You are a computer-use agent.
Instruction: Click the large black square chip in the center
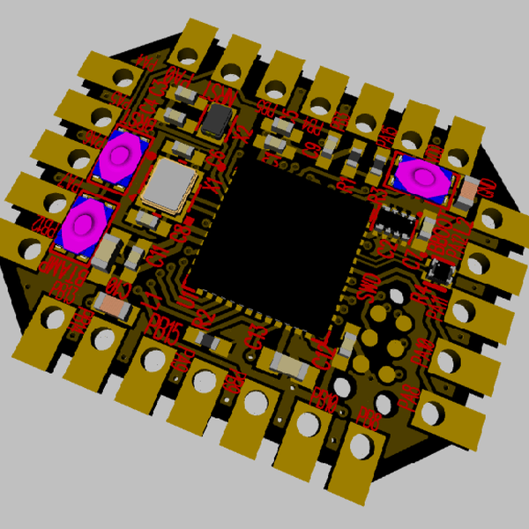point(278,238)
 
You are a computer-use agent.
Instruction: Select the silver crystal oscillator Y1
point(168,186)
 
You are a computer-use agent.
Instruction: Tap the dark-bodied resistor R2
point(208,339)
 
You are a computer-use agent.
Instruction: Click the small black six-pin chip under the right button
point(397,220)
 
